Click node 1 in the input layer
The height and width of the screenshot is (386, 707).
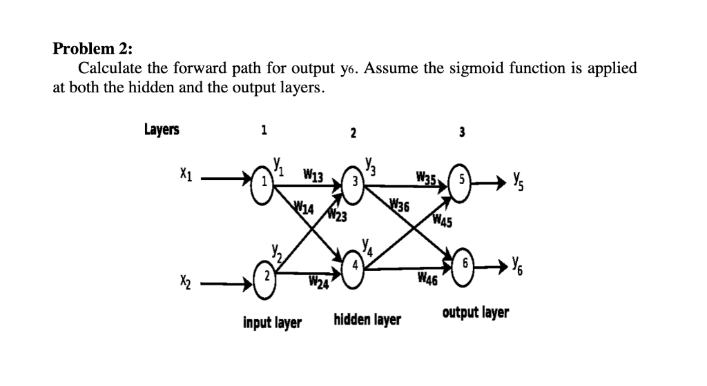(262, 182)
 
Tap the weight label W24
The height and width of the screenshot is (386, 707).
(318, 281)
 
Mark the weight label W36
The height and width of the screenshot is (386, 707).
(399, 205)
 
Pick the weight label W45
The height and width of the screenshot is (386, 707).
(442, 221)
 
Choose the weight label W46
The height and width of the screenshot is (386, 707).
(429, 279)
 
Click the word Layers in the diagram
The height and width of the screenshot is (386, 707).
(161, 130)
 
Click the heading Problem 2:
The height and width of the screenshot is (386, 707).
(93, 49)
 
